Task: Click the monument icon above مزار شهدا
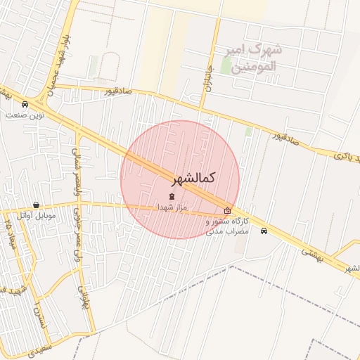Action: [172, 196]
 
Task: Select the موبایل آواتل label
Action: [37, 215]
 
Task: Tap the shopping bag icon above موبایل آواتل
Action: [37, 205]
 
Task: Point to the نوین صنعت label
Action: [25, 114]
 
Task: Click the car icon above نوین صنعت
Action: [25, 105]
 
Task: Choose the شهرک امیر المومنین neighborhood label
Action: [252, 58]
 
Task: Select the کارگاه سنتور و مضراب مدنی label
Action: [228, 226]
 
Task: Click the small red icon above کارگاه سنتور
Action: [227, 210]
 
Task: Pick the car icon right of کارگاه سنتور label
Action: [264, 231]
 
